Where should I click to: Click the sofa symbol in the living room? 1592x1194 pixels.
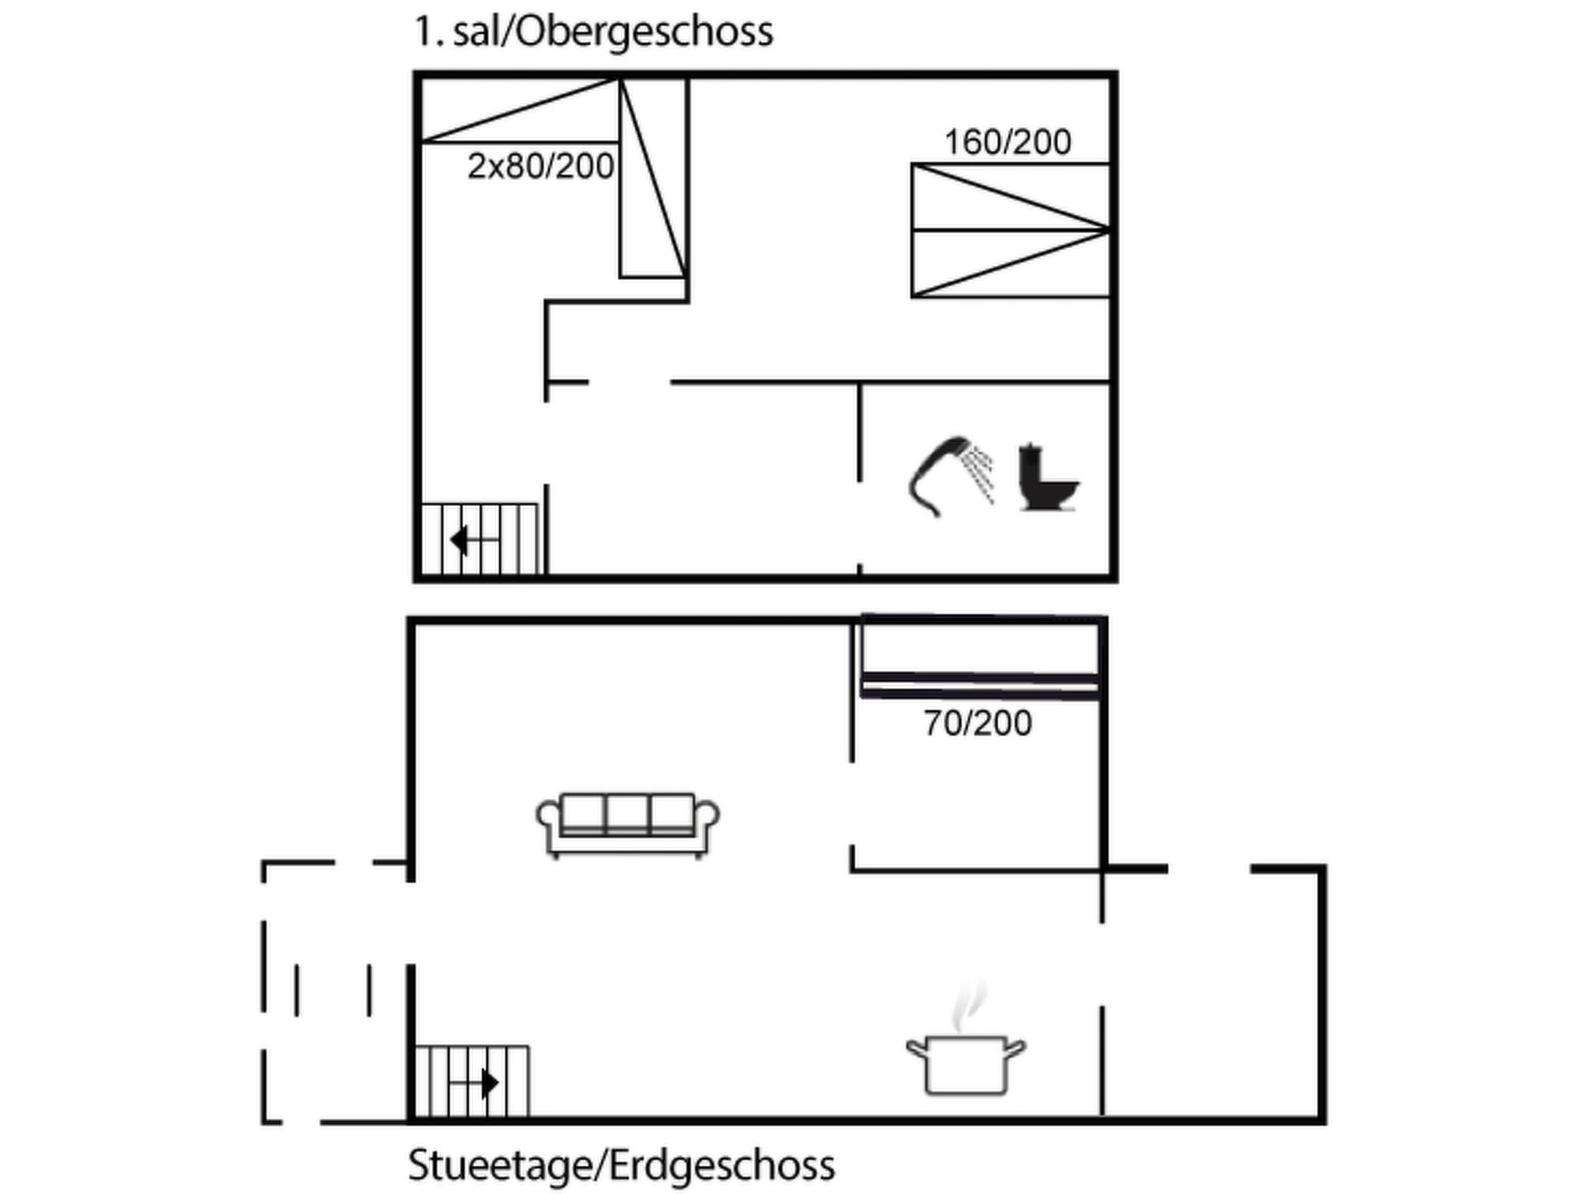pos(627,824)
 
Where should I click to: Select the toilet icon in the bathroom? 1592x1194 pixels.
pos(1048,477)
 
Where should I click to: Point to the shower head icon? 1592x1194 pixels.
pos(951,476)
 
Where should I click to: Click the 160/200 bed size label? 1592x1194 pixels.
pos(1007,142)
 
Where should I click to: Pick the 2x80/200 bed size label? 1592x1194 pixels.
pos(540,166)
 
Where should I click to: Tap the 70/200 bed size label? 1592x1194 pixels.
pos(977,724)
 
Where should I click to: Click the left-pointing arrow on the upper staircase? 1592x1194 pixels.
pos(473,539)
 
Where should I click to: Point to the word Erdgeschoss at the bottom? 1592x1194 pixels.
pos(722,1166)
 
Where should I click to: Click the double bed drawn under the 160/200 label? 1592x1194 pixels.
pos(1011,230)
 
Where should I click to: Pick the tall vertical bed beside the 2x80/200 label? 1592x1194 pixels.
pos(653,177)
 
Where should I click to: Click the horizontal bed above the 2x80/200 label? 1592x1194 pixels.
pos(519,110)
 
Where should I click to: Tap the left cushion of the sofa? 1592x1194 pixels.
pos(582,814)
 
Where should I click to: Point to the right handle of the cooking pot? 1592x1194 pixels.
pos(1016,1049)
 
